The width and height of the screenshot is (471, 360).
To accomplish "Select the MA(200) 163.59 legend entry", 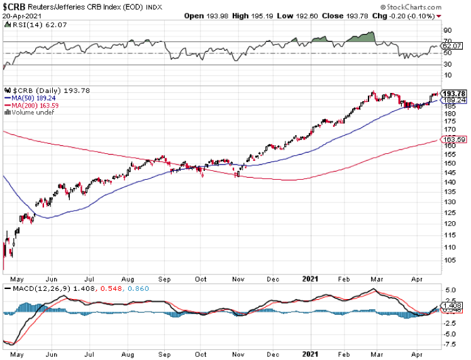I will pos(31,106).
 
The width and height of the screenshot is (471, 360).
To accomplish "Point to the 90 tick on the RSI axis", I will pos(448,30).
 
